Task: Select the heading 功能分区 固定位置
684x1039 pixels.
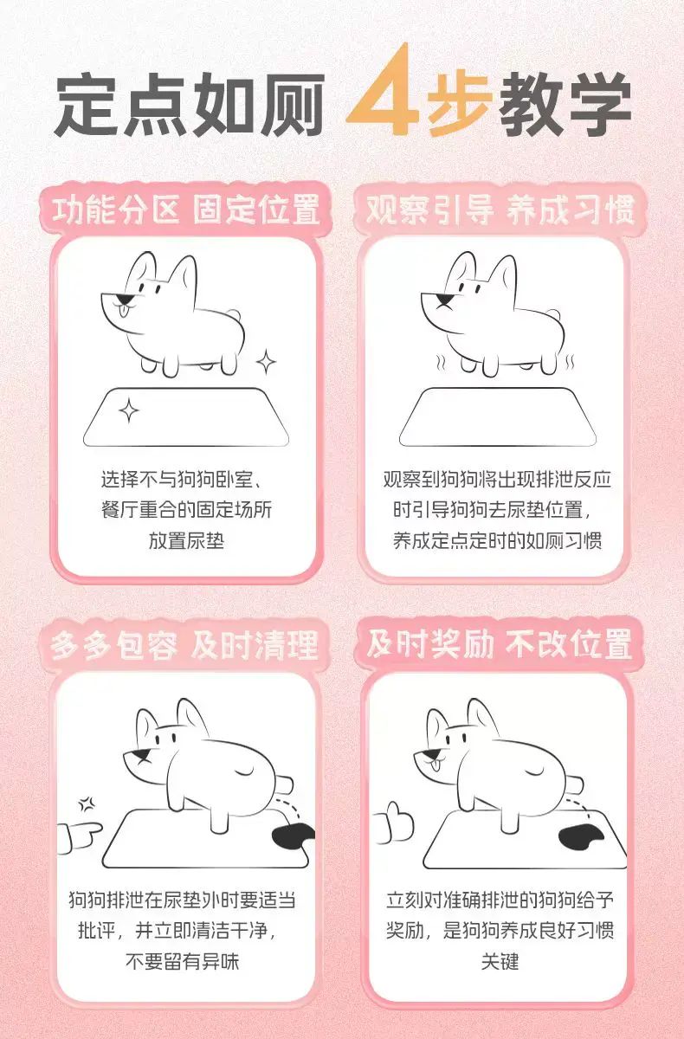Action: click(x=186, y=210)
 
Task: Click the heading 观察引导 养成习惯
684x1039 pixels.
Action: click(x=500, y=210)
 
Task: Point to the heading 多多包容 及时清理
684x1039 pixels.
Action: click(x=184, y=645)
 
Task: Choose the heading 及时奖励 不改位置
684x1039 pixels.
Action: click(x=500, y=644)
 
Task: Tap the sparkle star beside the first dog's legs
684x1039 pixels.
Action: click(x=266, y=362)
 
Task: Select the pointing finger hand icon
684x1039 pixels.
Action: click(x=80, y=837)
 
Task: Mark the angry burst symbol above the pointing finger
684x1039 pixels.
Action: click(x=87, y=803)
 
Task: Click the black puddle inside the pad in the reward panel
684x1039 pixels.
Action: click(x=581, y=836)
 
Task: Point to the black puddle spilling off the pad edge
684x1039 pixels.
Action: click(x=292, y=836)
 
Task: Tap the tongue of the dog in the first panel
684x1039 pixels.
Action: click(x=124, y=309)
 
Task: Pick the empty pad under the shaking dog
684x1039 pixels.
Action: click(x=498, y=417)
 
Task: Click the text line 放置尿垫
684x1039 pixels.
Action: click(x=186, y=540)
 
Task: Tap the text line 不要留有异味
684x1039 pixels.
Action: click(x=182, y=961)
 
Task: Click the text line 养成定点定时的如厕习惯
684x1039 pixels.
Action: click(x=498, y=540)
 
